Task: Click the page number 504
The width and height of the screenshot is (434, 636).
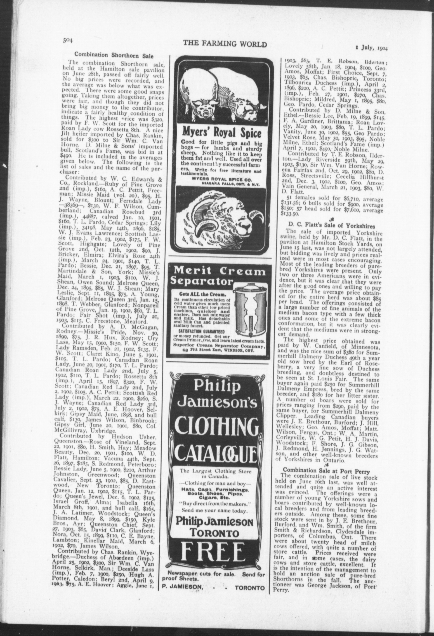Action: tap(68, 40)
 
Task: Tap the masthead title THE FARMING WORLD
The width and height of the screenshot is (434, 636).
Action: tap(225, 44)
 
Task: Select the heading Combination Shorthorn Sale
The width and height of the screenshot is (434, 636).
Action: tap(114, 56)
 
